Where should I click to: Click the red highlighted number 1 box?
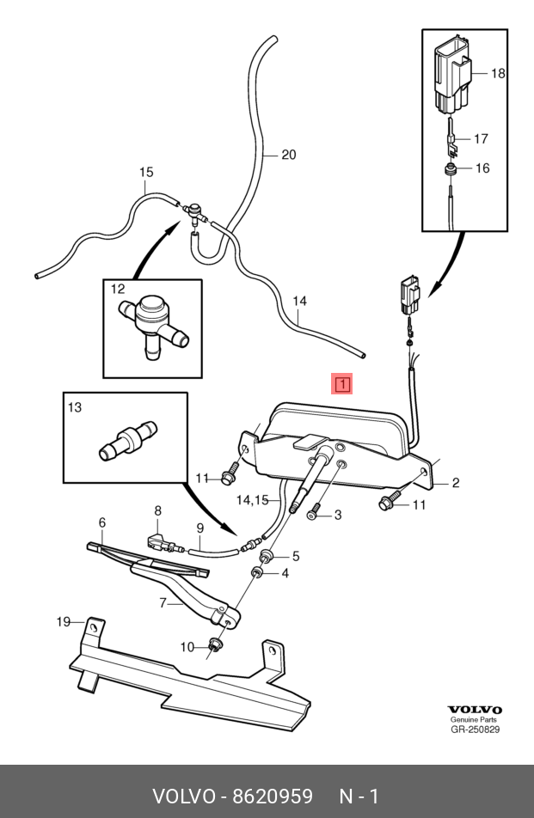(342, 384)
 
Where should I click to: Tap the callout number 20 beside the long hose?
(289, 155)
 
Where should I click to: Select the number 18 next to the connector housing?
(498, 74)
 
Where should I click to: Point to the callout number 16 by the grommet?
(482, 168)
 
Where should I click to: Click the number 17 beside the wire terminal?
(481, 139)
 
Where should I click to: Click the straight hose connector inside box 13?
(128, 440)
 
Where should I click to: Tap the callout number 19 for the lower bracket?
(64, 622)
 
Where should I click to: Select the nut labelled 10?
(214, 644)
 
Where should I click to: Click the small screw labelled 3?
(313, 512)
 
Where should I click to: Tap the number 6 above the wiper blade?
(102, 522)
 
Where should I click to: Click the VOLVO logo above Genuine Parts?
(475, 710)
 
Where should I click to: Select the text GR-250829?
(475, 729)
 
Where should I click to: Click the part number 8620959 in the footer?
(272, 797)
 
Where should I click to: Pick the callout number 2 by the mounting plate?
(456, 483)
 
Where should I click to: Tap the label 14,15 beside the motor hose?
(252, 500)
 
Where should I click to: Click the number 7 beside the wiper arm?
(163, 603)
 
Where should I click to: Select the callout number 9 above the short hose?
(199, 528)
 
